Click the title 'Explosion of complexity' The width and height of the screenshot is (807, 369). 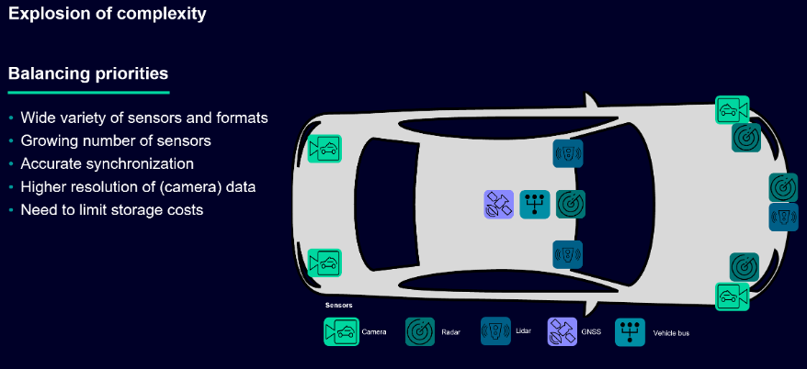point(107,15)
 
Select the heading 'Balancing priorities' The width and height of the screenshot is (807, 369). point(88,73)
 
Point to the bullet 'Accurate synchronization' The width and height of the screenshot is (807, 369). point(108,164)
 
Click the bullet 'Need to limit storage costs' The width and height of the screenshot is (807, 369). point(111,210)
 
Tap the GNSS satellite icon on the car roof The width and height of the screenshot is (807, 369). point(498,204)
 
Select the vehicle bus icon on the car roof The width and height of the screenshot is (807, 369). point(534,204)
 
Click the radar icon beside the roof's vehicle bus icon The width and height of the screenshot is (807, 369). point(570,204)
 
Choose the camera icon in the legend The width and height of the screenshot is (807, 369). point(341,331)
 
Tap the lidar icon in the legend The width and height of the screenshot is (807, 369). point(494,331)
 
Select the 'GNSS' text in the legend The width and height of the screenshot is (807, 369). point(591,332)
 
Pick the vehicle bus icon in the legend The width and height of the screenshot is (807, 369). point(630,331)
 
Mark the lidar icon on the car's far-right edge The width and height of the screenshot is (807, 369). point(783,218)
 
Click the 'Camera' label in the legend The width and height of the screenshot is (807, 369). point(374,332)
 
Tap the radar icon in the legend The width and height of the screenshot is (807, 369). point(420,331)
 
